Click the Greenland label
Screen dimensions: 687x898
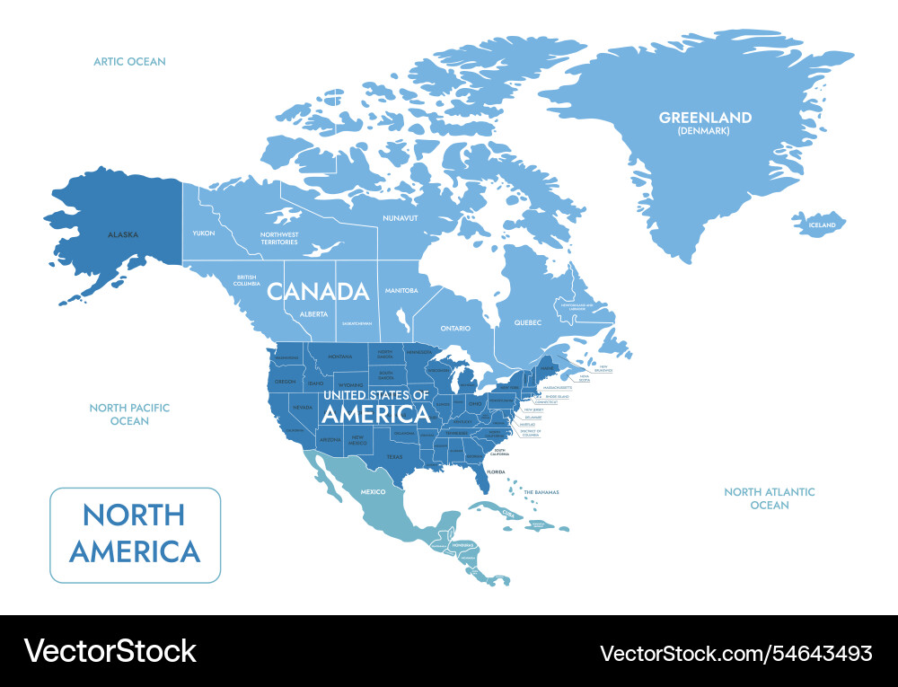pyautogui.click(x=705, y=118)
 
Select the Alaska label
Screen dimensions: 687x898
pyautogui.click(x=123, y=234)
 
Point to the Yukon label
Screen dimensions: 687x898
pyautogui.click(x=204, y=233)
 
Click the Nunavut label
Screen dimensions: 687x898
pyautogui.click(x=401, y=218)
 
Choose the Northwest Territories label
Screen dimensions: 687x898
pyautogui.click(x=279, y=238)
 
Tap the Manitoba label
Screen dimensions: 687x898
pyautogui.click(x=401, y=290)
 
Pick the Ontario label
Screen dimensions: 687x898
pyautogui.click(x=455, y=328)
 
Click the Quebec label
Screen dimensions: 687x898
pyautogui.click(x=528, y=322)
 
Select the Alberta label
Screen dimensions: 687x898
pyautogui.click(x=313, y=314)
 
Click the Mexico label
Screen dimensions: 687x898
pyautogui.click(x=373, y=492)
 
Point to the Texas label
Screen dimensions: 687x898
pyautogui.click(x=395, y=456)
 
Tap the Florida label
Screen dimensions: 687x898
pyautogui.click(x=496, y=471)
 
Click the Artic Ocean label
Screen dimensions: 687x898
pyautogui.click(x=130, y=62)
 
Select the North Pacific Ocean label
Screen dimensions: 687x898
pyautogui.click(x=129, y=414)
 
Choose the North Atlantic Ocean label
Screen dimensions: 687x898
pyautogui.click(x=770, y=498)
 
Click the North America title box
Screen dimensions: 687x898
pyautogui.click(x=135, y=534)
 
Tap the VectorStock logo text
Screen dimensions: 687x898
pyautogui.click(x=110, y=651)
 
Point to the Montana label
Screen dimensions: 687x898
pyautogui.click(x=339, y=357)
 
